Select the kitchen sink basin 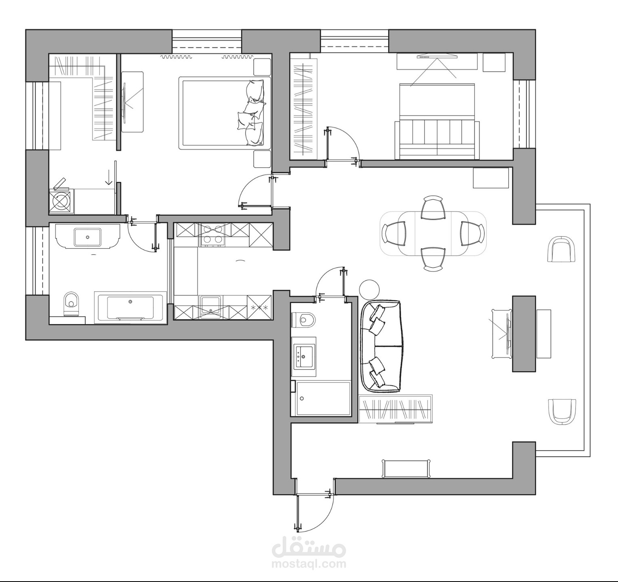coord(211,303)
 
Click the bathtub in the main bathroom coord(130,308)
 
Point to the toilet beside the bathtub coord(71,303)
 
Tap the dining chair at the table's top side coord(433,208)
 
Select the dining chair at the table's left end coord(393,234)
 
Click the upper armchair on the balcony coord(561,250)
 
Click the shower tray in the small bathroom coord(323,399)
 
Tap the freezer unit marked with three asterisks coord(259,308)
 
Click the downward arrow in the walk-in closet coord(108,178)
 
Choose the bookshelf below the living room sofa coord(395,409)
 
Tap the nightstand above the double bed coord(262,67)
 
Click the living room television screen coord(507,334)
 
